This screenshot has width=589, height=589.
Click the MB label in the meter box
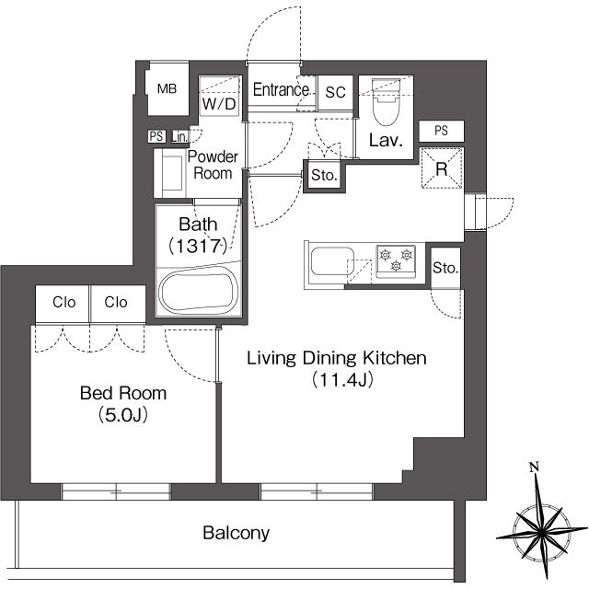point(167,89)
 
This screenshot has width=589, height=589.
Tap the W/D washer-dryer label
point(219,104)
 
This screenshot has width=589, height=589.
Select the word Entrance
point(281,90)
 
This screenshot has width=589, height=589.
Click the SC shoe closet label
point(335,92)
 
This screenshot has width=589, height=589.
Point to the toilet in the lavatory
point(386,101)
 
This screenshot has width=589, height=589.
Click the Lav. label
point(386,141)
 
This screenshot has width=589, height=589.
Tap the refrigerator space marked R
point(442,168)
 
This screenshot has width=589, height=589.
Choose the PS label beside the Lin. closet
point(156,136)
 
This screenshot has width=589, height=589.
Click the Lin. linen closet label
point(179,137)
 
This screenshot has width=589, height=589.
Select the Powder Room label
point(213,166)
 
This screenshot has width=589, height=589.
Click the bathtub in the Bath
point(199,292)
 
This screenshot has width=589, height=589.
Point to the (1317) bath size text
point(198,247)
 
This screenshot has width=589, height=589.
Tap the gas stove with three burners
point(396,261)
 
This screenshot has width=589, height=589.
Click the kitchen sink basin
point(332,261)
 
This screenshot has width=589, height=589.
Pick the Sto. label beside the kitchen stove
point(445,268)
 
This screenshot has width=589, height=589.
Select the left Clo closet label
point(64,302)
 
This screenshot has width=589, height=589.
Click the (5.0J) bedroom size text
point(123,415)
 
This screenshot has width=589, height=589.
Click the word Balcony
point(236,533)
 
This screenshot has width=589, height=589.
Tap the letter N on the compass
point(534,467)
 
